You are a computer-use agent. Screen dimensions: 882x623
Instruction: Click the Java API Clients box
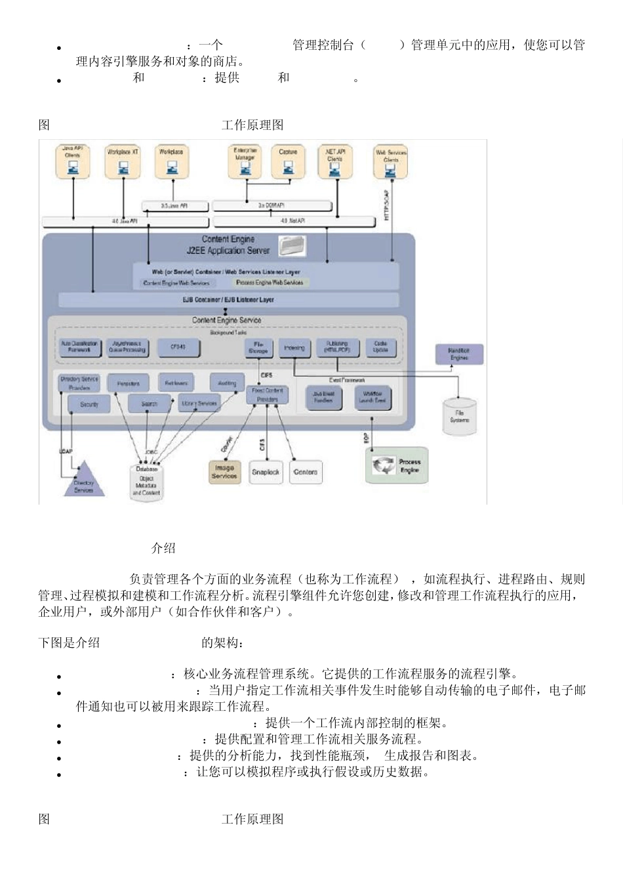[72, 161]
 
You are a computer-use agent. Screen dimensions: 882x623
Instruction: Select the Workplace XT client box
[123, 161]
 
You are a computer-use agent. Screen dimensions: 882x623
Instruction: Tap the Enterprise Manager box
[245, 161]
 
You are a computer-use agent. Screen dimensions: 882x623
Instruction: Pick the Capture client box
[288, 161]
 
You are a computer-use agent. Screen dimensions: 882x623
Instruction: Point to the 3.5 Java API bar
[174, 206]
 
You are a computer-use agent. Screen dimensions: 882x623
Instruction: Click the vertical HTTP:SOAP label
[387, 205]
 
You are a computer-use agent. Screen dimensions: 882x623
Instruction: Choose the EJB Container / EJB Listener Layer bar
[228, 300]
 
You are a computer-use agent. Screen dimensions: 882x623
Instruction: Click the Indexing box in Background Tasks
[294, 348]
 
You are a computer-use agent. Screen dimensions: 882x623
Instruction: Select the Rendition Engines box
[459, 354]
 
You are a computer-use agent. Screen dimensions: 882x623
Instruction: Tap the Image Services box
[224, 472]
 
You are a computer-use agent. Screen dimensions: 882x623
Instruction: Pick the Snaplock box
[266, 472]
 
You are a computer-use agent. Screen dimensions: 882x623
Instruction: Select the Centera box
[306, 472]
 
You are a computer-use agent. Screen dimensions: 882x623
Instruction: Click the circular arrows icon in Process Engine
[383, 465]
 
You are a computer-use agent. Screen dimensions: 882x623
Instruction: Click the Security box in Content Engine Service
[89, 404]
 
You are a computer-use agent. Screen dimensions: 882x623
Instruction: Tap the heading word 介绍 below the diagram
[163, 548]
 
